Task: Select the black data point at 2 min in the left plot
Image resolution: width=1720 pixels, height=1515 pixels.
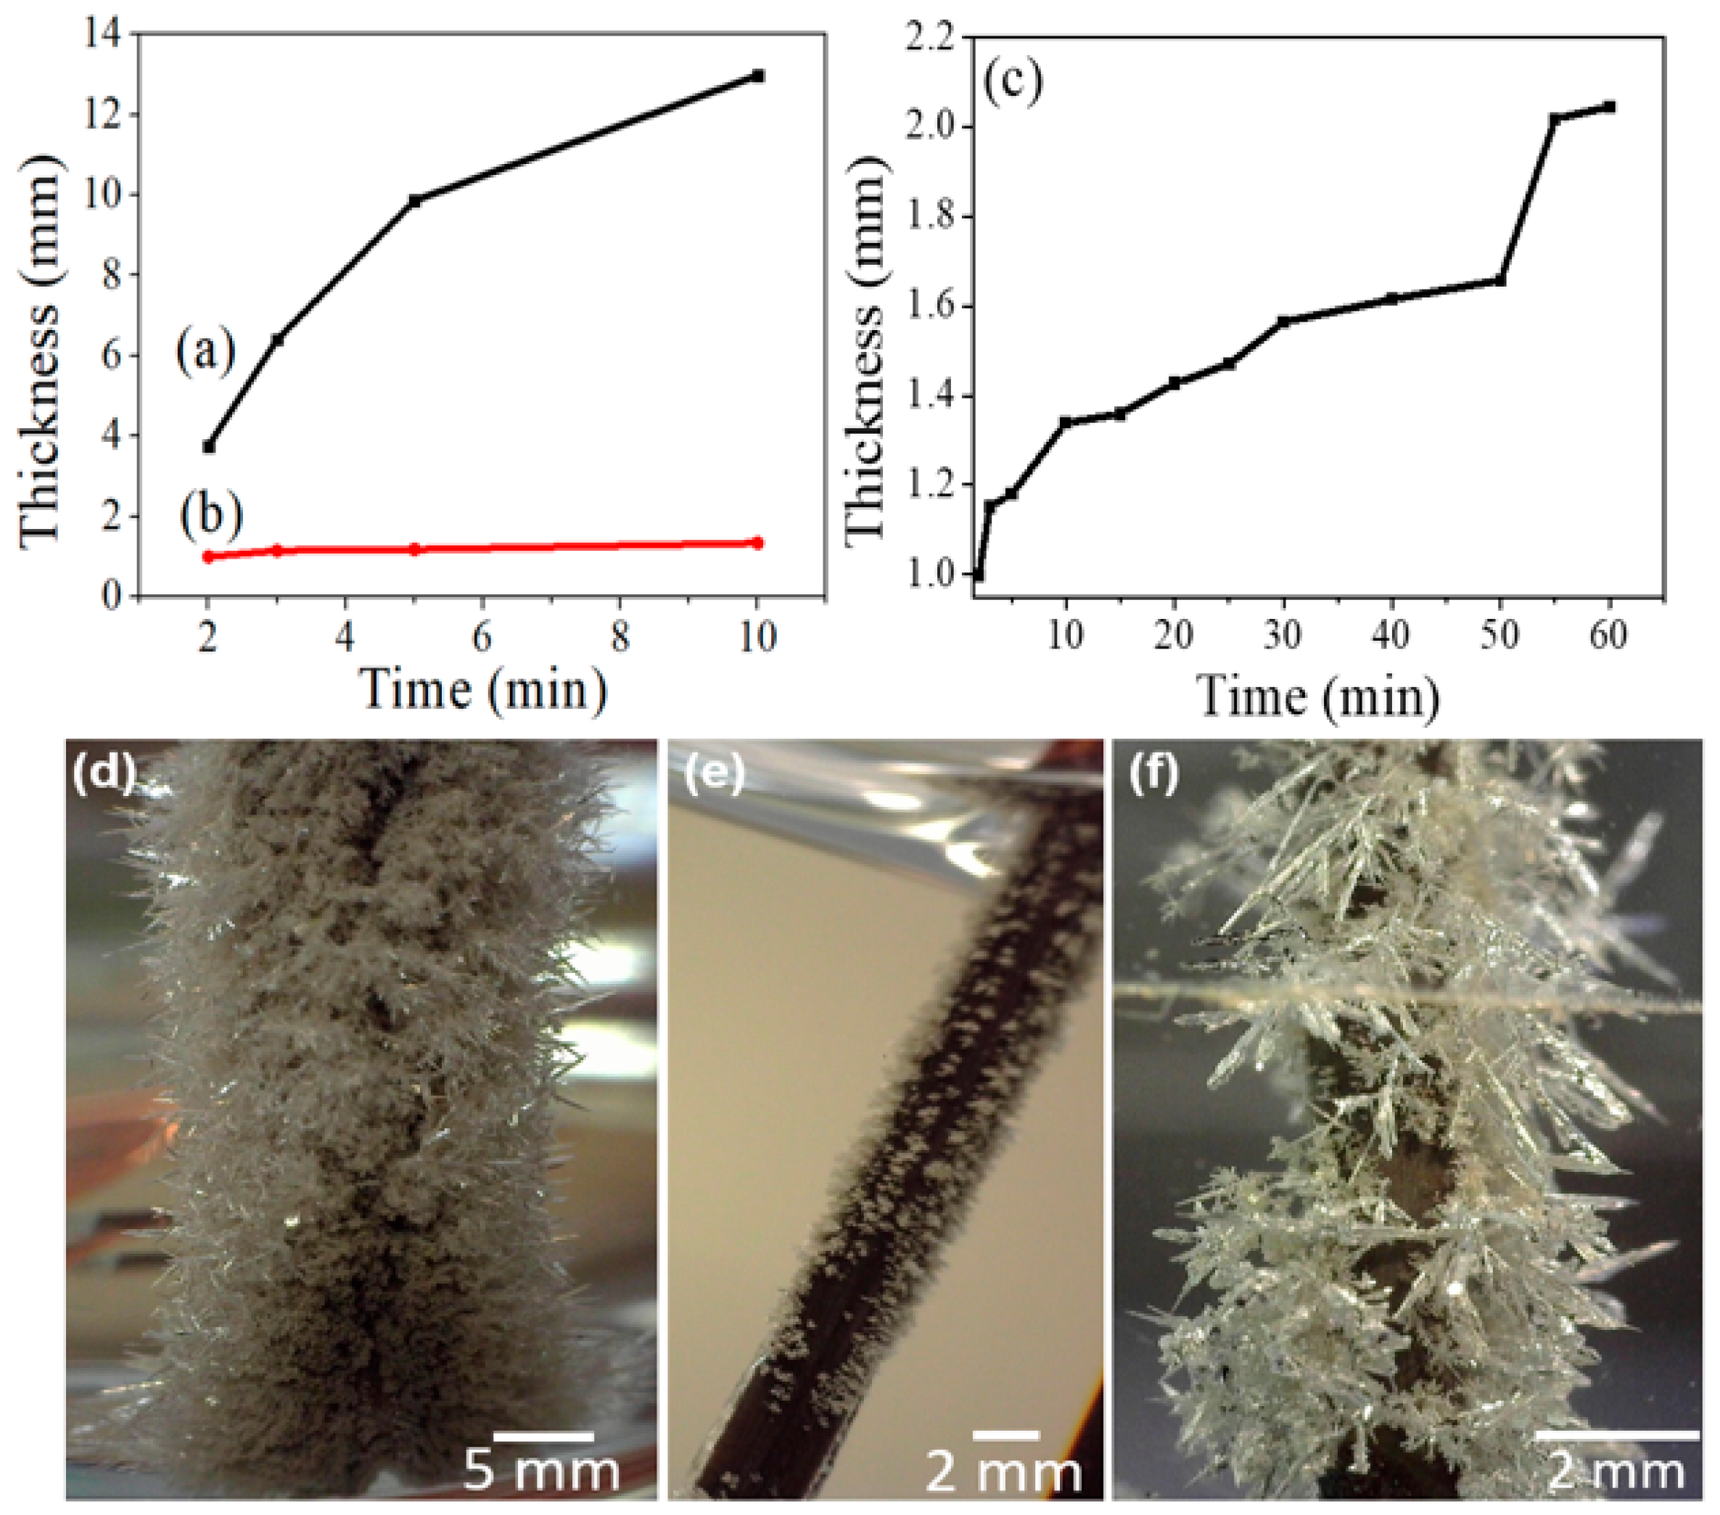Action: point(209,446)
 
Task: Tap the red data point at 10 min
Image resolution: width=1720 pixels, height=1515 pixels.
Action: point(757,543)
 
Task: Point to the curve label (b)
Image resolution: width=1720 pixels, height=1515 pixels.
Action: point(210,514)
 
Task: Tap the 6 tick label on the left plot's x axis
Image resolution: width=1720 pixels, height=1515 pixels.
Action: point(482,637)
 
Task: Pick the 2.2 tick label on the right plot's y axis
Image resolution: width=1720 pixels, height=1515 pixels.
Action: point(930,38)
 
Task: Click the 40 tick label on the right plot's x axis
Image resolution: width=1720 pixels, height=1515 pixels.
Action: point(1390,635)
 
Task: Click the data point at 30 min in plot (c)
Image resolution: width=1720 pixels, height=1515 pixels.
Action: point(1283,321)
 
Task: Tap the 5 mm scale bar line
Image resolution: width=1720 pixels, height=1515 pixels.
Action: point(543,1437)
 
